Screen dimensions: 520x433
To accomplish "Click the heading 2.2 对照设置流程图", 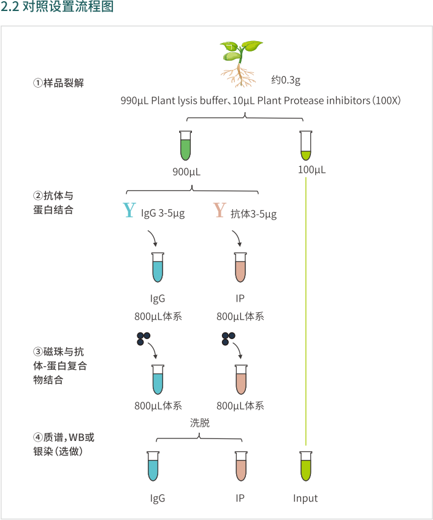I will (x=56, y=9).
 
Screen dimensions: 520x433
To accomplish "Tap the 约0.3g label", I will (x=286, y=80).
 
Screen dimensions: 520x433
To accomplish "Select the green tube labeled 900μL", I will (x=185, y=146).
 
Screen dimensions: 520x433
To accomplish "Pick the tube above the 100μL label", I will (x=305, y=146).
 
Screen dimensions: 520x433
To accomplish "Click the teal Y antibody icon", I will (x=129, y=211).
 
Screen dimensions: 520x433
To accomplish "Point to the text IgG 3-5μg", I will (x=163, y=213).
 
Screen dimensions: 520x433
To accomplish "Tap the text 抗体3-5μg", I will (x=253, y=214).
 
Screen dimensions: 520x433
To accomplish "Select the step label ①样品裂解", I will (x=58, y=83).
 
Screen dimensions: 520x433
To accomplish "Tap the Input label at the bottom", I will (x=305, y=498).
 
